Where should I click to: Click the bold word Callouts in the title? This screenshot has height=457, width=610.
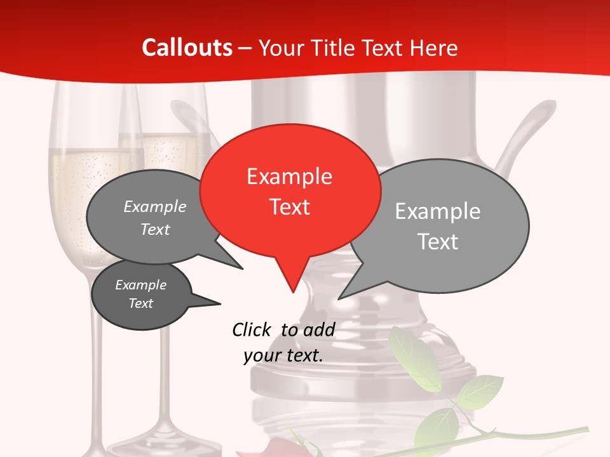[x=187, y=48]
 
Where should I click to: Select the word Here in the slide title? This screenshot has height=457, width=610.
[x=433, y=48]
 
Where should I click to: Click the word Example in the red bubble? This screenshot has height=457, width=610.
[x=289, y=176]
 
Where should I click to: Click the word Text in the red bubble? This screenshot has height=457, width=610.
[x=290, y=207]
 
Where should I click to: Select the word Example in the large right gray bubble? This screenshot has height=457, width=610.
[x=438, y=211]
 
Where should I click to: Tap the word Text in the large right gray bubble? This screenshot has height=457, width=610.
[x=438, y=242]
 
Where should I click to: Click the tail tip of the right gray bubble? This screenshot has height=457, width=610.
[x=340, y=298]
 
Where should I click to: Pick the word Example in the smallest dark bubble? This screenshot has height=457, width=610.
[x=140, y=285]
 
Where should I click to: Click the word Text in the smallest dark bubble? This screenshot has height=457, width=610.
[x=140, y=303]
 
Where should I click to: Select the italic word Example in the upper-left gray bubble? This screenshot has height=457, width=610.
[x=155, y=207]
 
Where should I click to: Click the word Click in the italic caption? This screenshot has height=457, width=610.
[x=251, y=329]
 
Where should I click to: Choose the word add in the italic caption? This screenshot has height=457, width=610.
[x=319, y=329]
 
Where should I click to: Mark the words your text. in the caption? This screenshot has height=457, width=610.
[x=283, y=355]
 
